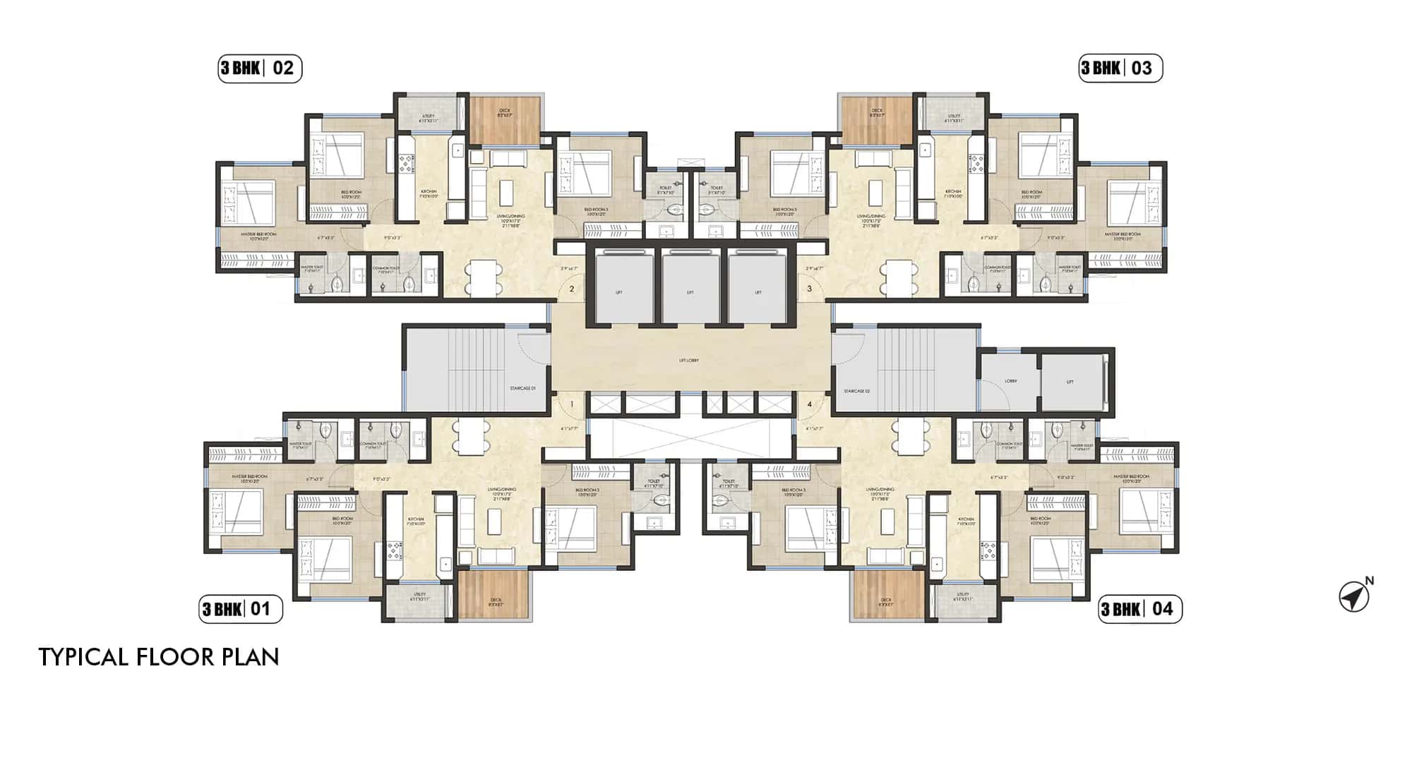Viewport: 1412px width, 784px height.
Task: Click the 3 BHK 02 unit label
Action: click(x=259, y=68)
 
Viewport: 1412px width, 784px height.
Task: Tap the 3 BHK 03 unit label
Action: click(x=1120, y=68)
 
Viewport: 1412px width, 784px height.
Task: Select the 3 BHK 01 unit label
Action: click(x=240, y=609)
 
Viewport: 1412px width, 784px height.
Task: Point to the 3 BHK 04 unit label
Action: click(x=1140, y=609)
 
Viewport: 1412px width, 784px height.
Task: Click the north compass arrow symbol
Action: click(x=1353, y=597)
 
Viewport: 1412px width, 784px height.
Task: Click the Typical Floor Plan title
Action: click(x=159, y=657)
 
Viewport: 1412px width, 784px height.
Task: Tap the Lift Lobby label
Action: click(x=688, y=361)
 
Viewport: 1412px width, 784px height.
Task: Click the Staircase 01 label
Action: click(x=523, y=389)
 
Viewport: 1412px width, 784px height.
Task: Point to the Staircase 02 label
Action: click(x=857, y=390)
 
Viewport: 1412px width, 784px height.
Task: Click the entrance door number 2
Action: click(x=572, y=289)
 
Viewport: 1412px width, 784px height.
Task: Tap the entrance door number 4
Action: click(x=810, y=404)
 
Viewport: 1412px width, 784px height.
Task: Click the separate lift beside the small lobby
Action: click(x=1070, y=381)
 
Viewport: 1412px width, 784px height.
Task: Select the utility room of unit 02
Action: click(x=428, y=113)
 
